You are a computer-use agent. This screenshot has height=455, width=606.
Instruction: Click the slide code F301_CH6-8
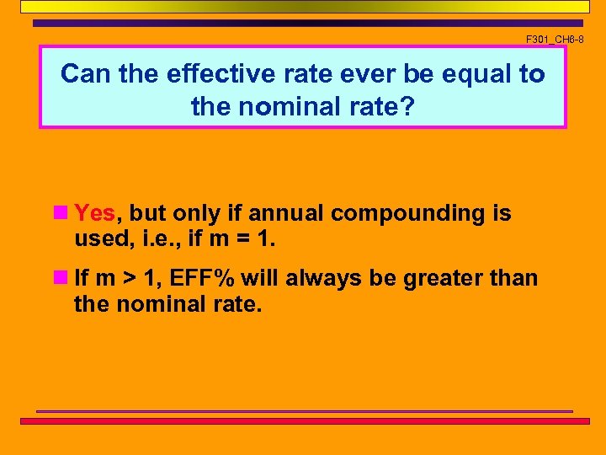pos(554,40)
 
